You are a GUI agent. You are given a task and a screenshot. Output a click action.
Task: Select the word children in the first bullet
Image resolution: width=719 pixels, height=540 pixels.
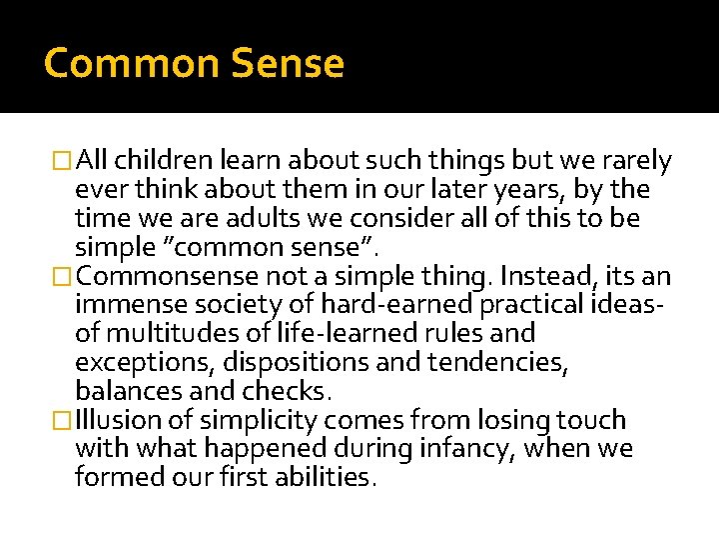[167, 161]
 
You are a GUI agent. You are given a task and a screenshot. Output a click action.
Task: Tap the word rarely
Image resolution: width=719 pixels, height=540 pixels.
[635, 161]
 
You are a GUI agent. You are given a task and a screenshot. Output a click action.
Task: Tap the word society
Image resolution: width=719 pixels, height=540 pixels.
[232, 305]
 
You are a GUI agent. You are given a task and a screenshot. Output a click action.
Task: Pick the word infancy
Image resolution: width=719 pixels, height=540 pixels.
[466, 449]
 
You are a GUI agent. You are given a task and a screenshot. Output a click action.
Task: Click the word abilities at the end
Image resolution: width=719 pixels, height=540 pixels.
[319, 477]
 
